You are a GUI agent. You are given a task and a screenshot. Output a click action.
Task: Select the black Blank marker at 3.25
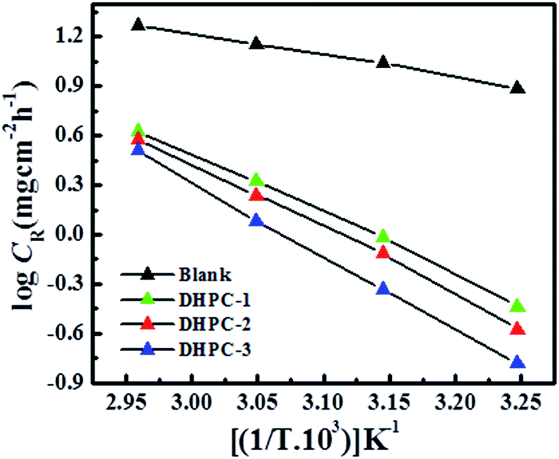click(x=517, y=87)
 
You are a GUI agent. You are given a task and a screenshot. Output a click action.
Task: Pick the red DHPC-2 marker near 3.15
click(x=382, y=253)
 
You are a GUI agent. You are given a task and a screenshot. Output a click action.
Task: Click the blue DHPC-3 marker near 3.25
click(x=517, y=362)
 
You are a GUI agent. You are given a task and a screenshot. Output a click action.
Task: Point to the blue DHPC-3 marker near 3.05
click(x=256, y=220)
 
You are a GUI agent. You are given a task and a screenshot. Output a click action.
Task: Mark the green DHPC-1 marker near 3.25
click(x=517, y=306)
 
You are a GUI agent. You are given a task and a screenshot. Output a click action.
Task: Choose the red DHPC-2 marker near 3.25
click(x=517, y=328)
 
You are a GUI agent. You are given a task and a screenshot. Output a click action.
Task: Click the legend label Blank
click(x=198, y=275)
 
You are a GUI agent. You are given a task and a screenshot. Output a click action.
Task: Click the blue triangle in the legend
click(x=147, y=347)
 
